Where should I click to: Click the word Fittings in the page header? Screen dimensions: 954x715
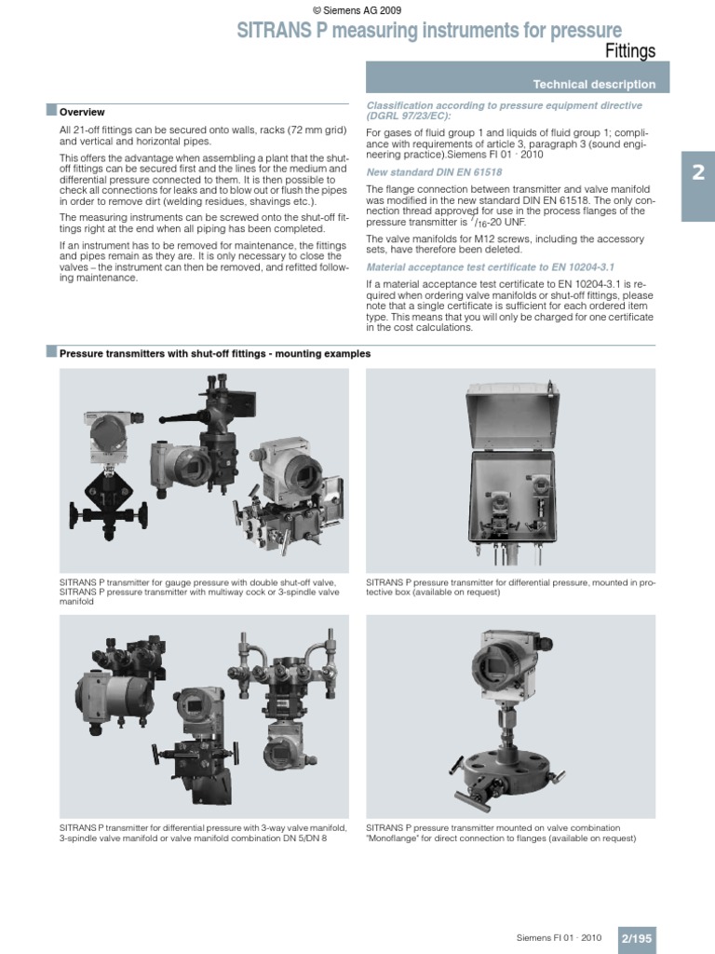click(x=631, y=50)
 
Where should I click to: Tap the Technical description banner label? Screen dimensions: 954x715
click(x=606, y=85)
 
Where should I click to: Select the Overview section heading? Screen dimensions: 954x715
click(x=82, y=112)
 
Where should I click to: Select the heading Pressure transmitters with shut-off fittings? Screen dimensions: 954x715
click(x=215, y=354)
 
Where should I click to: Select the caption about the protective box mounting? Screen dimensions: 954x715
click(x=510, y=587)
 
